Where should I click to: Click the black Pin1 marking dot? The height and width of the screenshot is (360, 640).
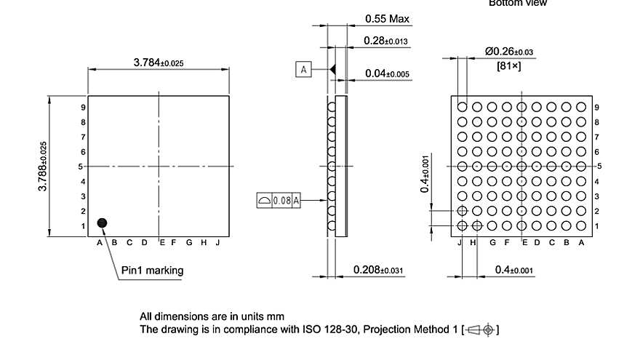click(x=103, y=222)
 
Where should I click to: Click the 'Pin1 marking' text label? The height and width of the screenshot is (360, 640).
click(x=152, y=271)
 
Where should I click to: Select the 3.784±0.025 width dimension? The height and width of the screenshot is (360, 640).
click(x=159, y=63)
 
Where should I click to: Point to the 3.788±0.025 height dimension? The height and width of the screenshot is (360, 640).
click(x=43, y=167)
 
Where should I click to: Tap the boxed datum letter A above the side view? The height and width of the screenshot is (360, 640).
click(x=303, y=69)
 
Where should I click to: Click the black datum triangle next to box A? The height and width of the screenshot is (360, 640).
click(x=332, y=69)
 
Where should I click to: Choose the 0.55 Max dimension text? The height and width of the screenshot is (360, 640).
click(x=386, y=18)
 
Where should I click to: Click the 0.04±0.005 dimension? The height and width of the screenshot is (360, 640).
click(x=388, y=73)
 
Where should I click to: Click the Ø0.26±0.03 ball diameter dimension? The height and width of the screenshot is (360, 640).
click(x=508, y=51)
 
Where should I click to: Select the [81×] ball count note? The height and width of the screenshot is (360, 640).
click(x=508, y=65)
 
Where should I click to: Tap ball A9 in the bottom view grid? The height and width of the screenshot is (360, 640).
click(x=581, y=107)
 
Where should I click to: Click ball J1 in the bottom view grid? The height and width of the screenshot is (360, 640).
click(x=462, y=226)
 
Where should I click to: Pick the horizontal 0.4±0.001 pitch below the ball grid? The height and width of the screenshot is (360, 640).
click(x=513, y=271)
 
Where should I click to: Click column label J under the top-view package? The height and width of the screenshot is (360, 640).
click(x=217, y=242)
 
